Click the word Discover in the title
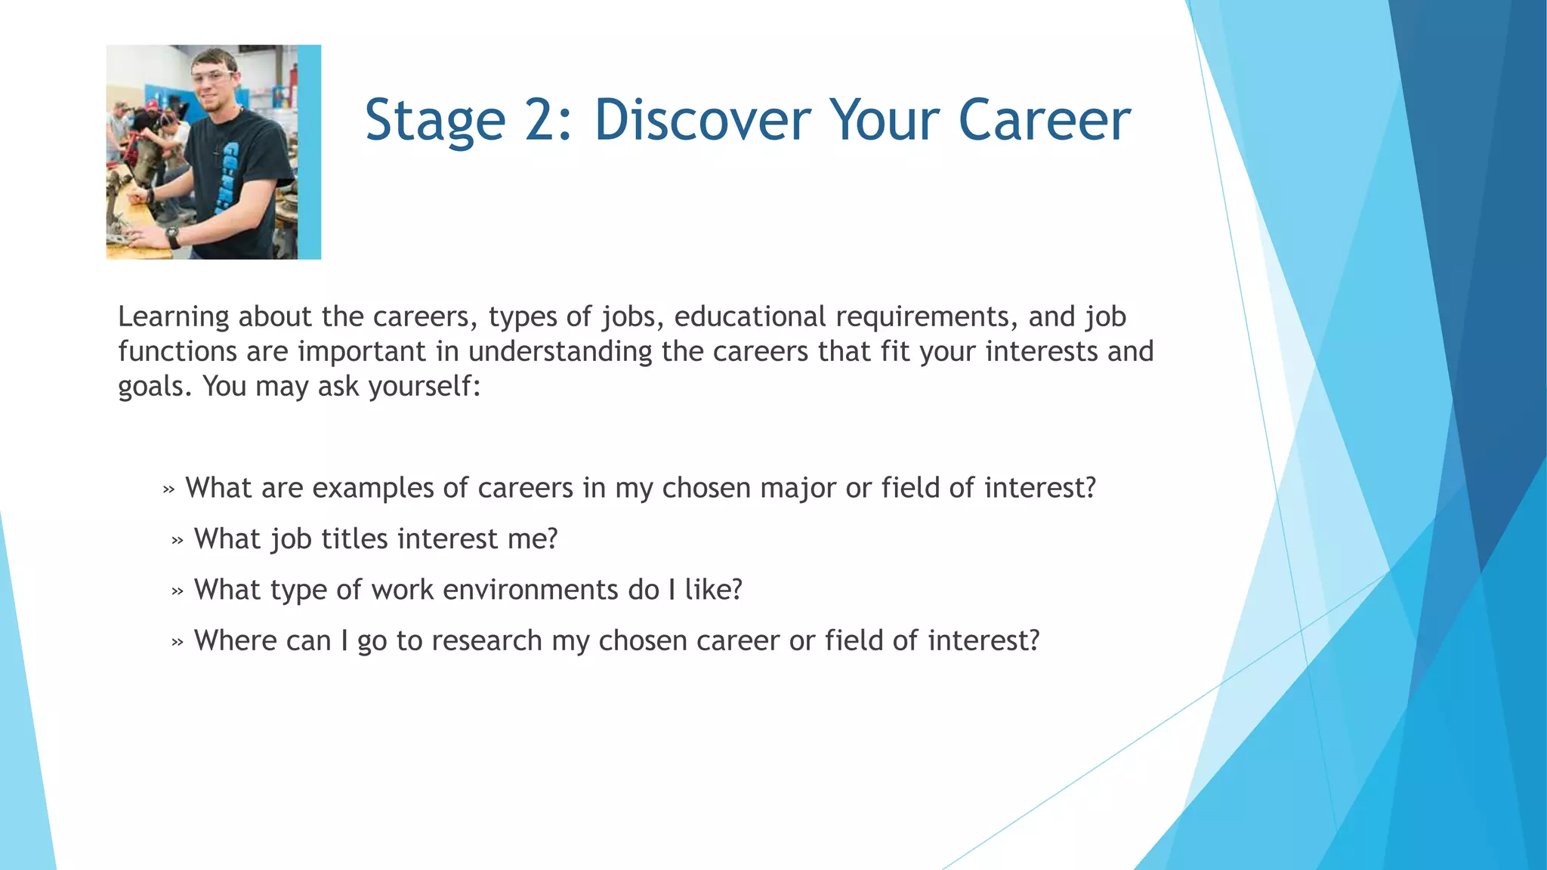pos(702,120)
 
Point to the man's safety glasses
pos(213,76)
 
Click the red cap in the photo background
pos(153,105)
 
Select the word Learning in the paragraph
pos(173,317)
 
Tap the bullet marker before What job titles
pos(178,541)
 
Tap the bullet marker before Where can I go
pos(178,643)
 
